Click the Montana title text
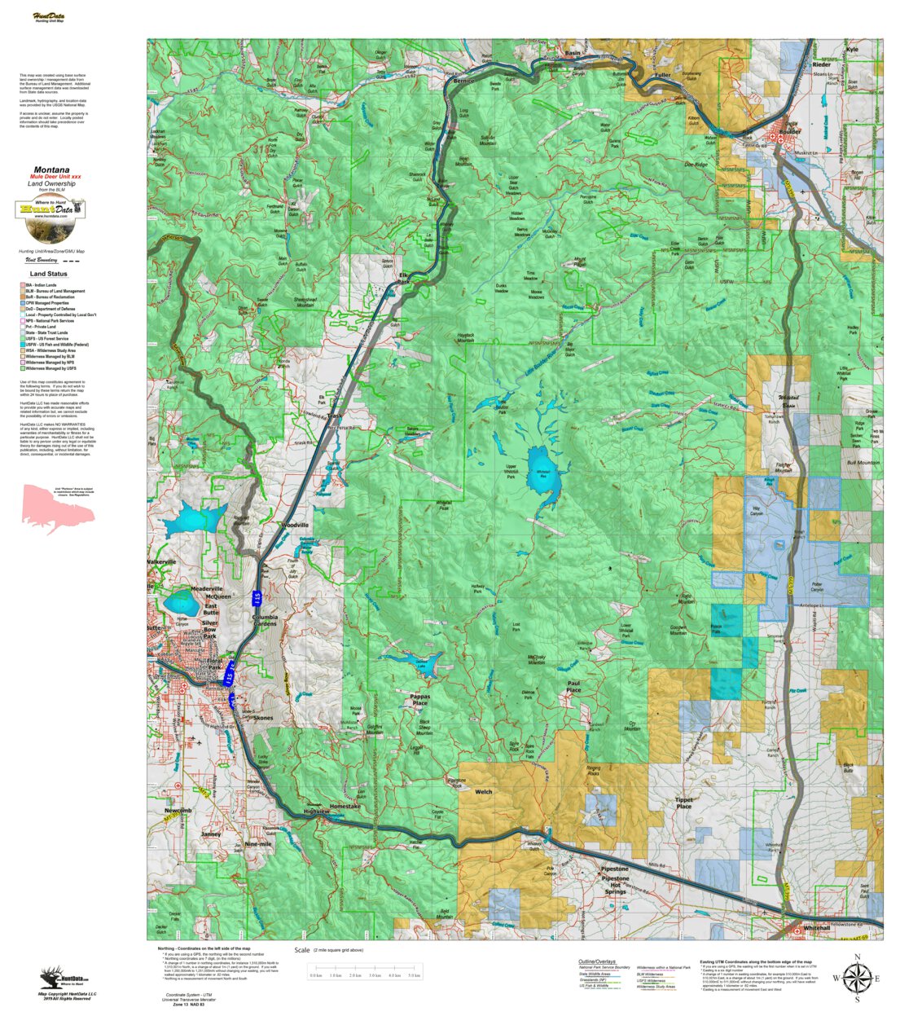[x=51, y=170]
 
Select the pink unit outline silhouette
[x=56, y=508]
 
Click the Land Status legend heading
[x=49, y=274]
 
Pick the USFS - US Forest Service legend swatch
[x=22, y=338]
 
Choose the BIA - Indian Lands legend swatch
[x=22, y=285]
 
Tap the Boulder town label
[x=790, y=131]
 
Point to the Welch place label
[x=483, y=791]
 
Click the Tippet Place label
[x=683, y=803]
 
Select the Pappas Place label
[x=420, y=700]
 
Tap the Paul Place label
[x=574, y=686]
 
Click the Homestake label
[x=345, y=806]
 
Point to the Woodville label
[x=293, y=526]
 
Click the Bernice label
[x=463, y=81]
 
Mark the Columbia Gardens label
[x=265, y=621]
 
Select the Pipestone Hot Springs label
[x=615, y=879]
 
